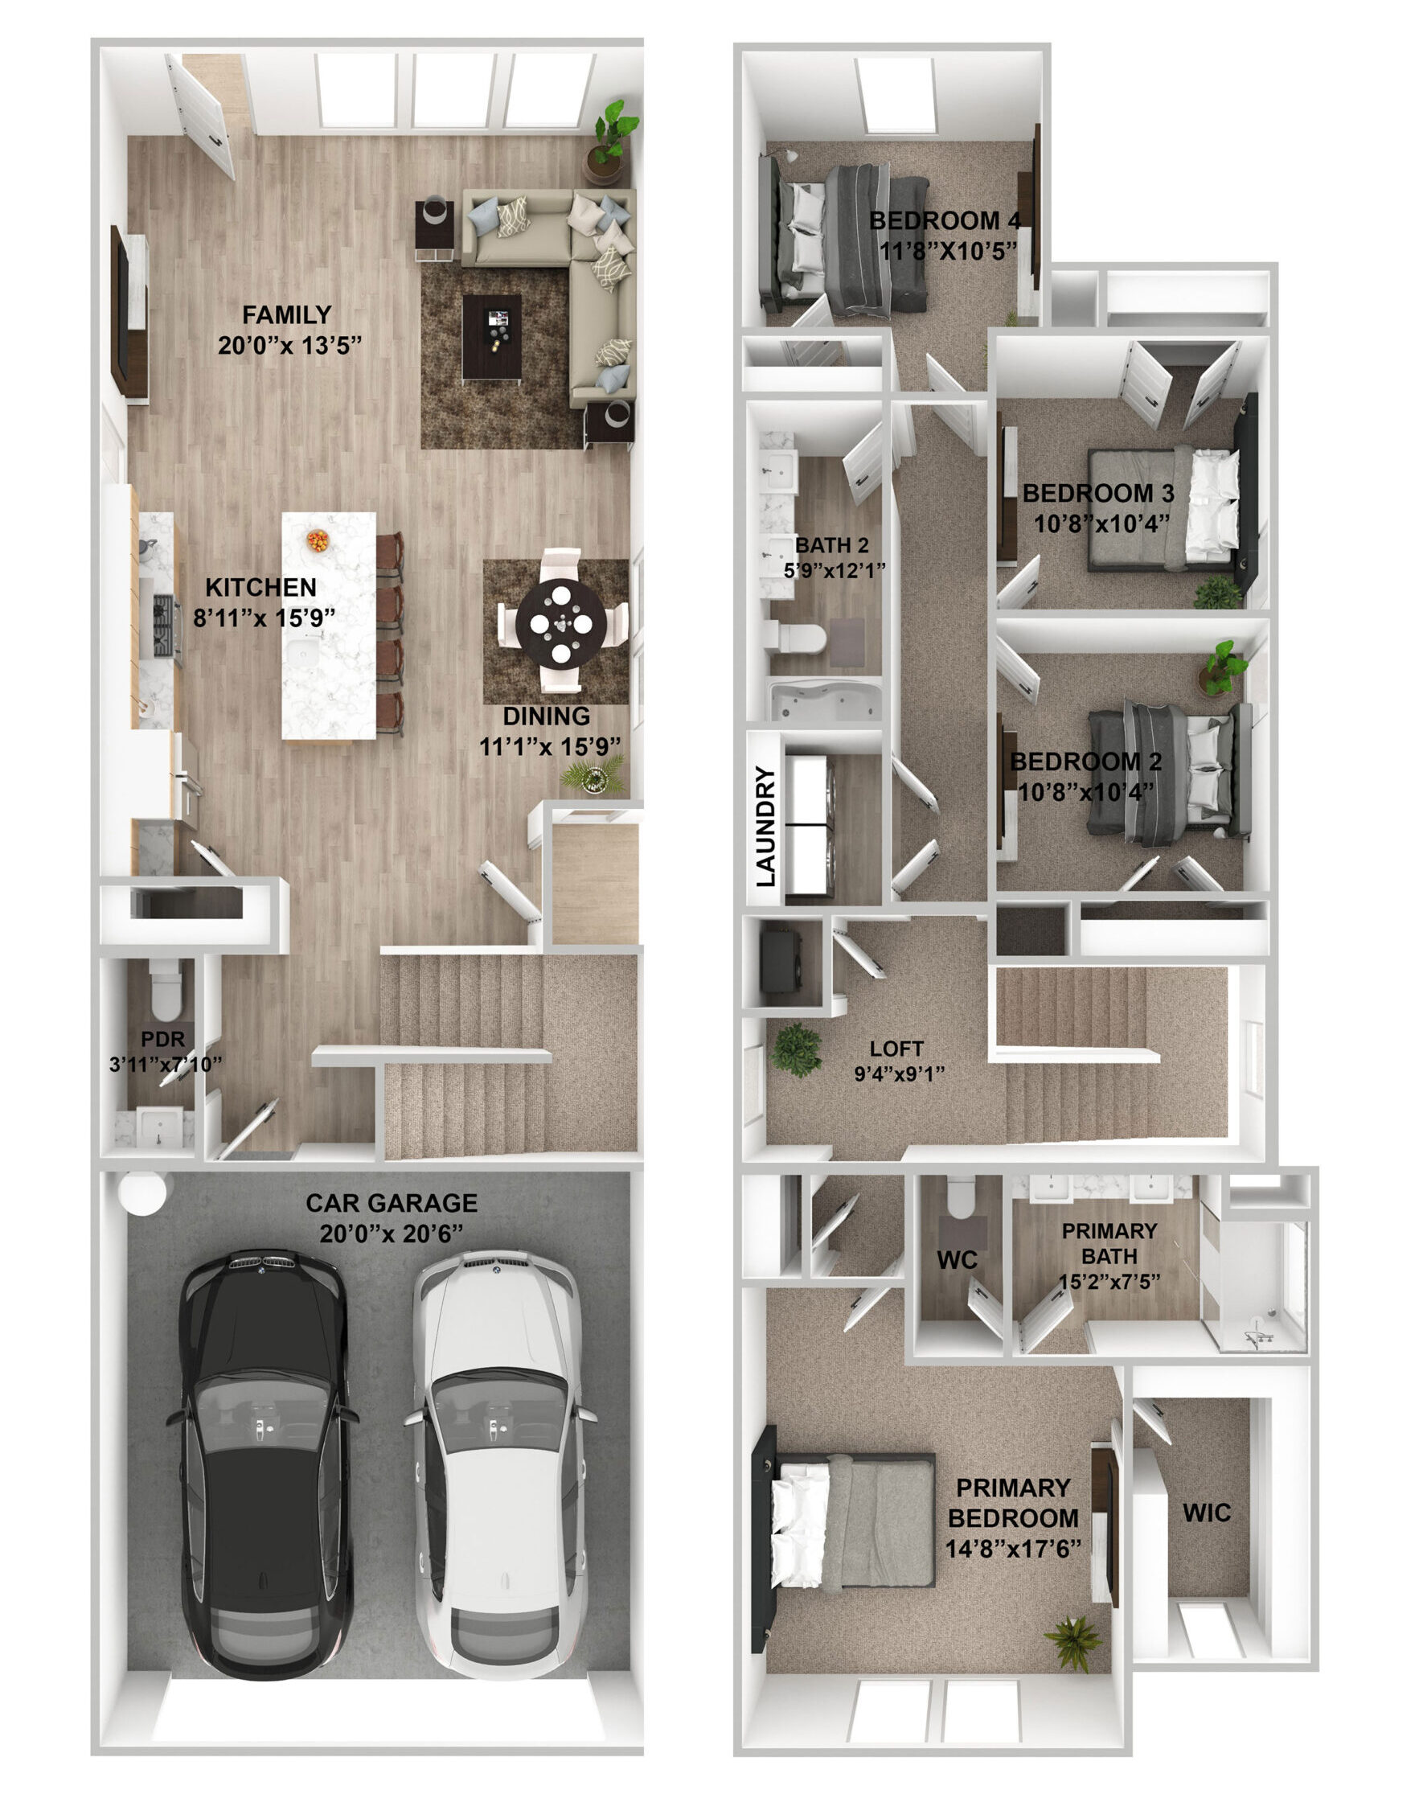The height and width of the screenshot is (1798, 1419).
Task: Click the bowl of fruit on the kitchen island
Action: coord(318,541)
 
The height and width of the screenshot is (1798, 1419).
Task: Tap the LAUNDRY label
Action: coord(766,826)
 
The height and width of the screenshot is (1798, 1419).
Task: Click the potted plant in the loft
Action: coord(797,1050)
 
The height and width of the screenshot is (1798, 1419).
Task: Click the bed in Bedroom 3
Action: coord(1163,509)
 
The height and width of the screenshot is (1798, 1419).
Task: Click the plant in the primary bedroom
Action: coord(1073,1644)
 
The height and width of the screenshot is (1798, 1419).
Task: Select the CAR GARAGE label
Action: coord(392,1203)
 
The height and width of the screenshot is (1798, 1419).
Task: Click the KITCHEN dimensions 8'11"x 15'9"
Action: coord(265,618)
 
